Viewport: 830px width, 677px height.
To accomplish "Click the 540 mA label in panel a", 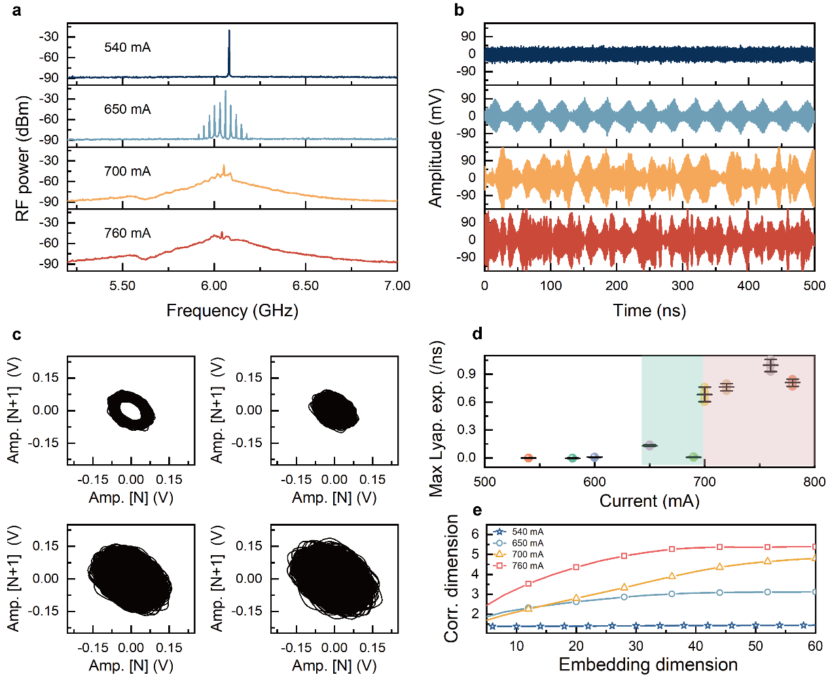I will pyautogui.click(x=127, y=48).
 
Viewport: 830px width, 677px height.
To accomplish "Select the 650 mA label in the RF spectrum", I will pyautogui.click(x=127, y=109).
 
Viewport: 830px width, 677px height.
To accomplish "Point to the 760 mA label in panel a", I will pyautogui.click(x=127, y=233).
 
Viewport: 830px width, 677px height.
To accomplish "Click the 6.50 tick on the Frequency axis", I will pyautogui.click(x=306, y=286).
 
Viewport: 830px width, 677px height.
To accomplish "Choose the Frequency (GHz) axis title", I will pyautogui.click(x=232, y=310).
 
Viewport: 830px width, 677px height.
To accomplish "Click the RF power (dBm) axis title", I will pyautogui.click(x=24, y=158).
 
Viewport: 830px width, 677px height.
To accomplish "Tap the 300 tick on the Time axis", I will pyautogui.click(x=683, y=286).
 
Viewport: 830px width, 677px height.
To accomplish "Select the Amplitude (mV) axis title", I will pyautogui.click(x=435, y=148).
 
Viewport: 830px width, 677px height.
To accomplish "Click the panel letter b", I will pyautogui.click(x=459, y=10).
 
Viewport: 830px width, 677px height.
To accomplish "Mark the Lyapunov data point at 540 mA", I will pyautogui.click(x=528, y=458).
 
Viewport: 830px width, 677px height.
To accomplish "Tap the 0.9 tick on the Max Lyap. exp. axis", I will pyautogui.click(x=467, y=374).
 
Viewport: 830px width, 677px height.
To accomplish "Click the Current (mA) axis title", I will pyautogui.click(x=649, y=501).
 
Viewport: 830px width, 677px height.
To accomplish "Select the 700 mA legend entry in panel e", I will pyautogui.click(x=527, y=555).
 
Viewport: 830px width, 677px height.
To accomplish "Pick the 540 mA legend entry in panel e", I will pyautogui.click(x=527, y=532).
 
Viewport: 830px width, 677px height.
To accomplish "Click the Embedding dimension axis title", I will pyautogui.click(x=648, y=665).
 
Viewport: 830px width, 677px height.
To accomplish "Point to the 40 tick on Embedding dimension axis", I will pyautogui.click(x=696, y=647).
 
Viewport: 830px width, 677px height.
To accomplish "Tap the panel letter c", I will pyautogui.click(x=17, y=335).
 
